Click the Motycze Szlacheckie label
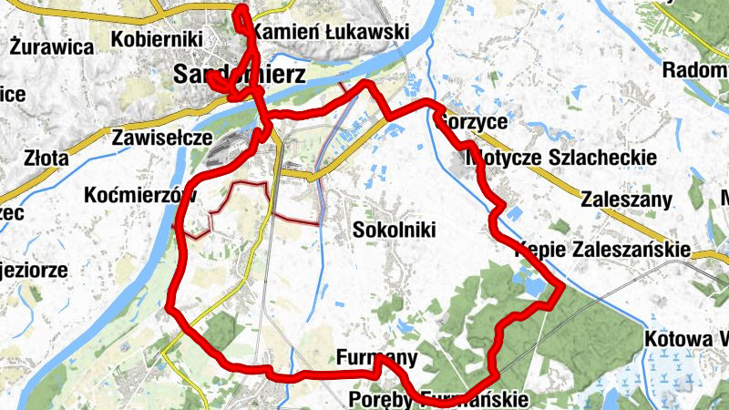(561, 158)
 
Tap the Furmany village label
(376, 357)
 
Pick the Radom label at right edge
(695, 70)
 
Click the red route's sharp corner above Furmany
(380, 358)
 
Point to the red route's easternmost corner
(563, 287)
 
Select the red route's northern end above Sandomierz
(241, 10)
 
